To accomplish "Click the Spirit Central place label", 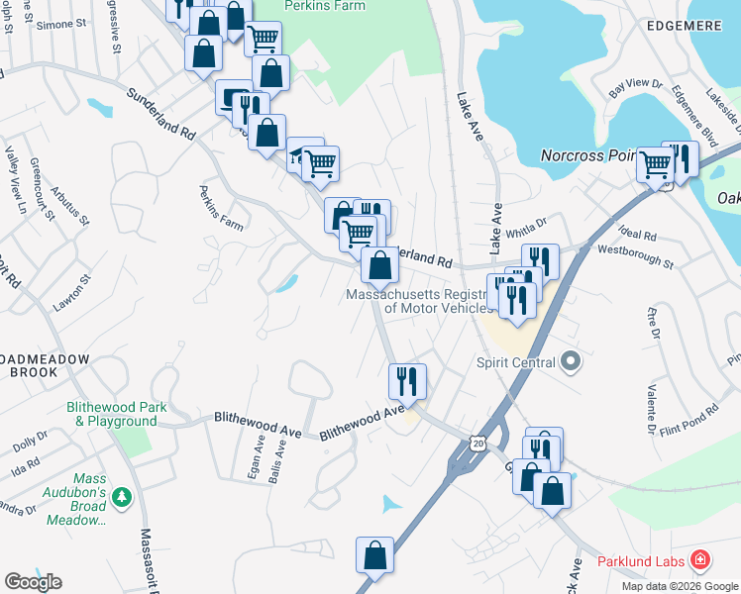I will pyautogui.click(x=519, y=362).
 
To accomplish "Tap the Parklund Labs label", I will pyautogui.click(x=641, y=562).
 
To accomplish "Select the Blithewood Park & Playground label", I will pyautogui.click(x=115, y=414).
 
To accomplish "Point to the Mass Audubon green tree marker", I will pyautogui.click(x=123, y=494).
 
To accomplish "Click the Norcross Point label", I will pyautogui.click(x=587, y=156).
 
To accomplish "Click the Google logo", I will pyautogui.click(x=33, y=581).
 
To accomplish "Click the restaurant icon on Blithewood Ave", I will pyautogui.click(x=407, y=380).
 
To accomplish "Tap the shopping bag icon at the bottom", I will pyautogui.click(x=375, y=555).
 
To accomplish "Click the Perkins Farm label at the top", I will pyautogui.click(x=324, y=6).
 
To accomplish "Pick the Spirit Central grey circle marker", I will pyautogui.click(x=570, y=362).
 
